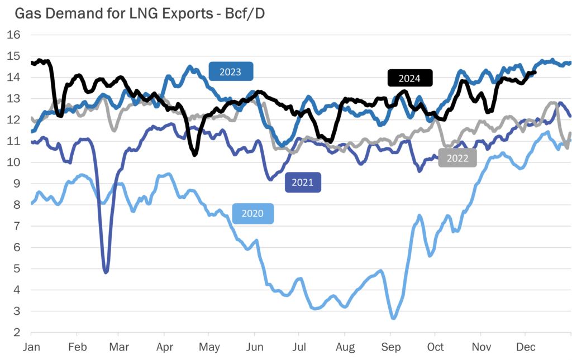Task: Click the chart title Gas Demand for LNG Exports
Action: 134,13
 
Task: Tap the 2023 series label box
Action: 231,71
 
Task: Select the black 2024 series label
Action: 411,78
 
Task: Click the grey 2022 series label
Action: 457,158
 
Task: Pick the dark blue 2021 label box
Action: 303,183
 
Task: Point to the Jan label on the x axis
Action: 31,347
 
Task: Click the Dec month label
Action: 525,347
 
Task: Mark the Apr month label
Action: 164,347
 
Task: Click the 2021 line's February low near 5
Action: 106,272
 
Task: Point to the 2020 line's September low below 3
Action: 393,318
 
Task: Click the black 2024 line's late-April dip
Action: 194,154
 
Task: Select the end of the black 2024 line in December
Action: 535,72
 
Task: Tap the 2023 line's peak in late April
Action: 190,67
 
